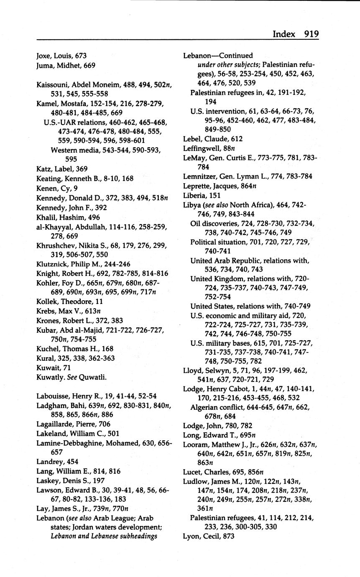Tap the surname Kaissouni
tap(52, 85)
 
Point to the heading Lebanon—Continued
tap(218, 56)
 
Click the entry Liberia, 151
tap(202, 195)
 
